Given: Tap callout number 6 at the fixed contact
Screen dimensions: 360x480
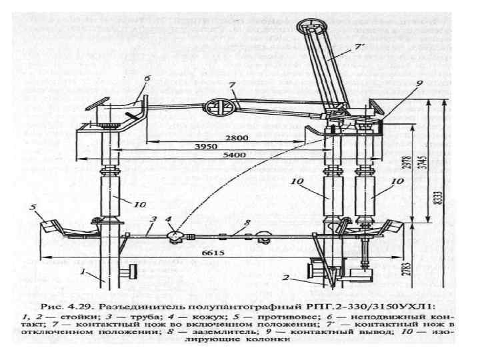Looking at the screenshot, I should tap(147, 78).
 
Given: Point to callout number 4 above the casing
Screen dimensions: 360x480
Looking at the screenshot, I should tap(169, 219).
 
